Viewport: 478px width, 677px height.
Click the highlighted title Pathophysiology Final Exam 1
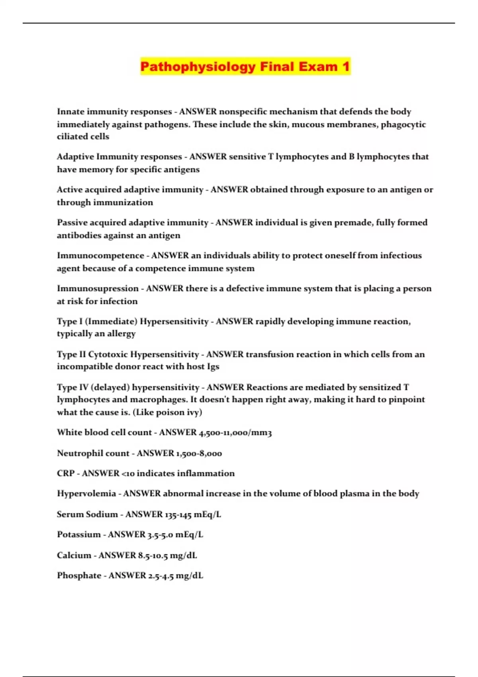click(x=245, y=67)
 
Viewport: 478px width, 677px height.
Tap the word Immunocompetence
click(x=100, y=255)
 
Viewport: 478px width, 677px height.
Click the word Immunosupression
click(x=98, y=288)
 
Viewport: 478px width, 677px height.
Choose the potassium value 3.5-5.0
click(x=160, y=534)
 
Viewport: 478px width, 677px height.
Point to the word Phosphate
click(x=79, y=575)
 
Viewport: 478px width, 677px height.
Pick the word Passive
click(x=71, y=222)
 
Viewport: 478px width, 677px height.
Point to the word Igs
click(x=213, y=366)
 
